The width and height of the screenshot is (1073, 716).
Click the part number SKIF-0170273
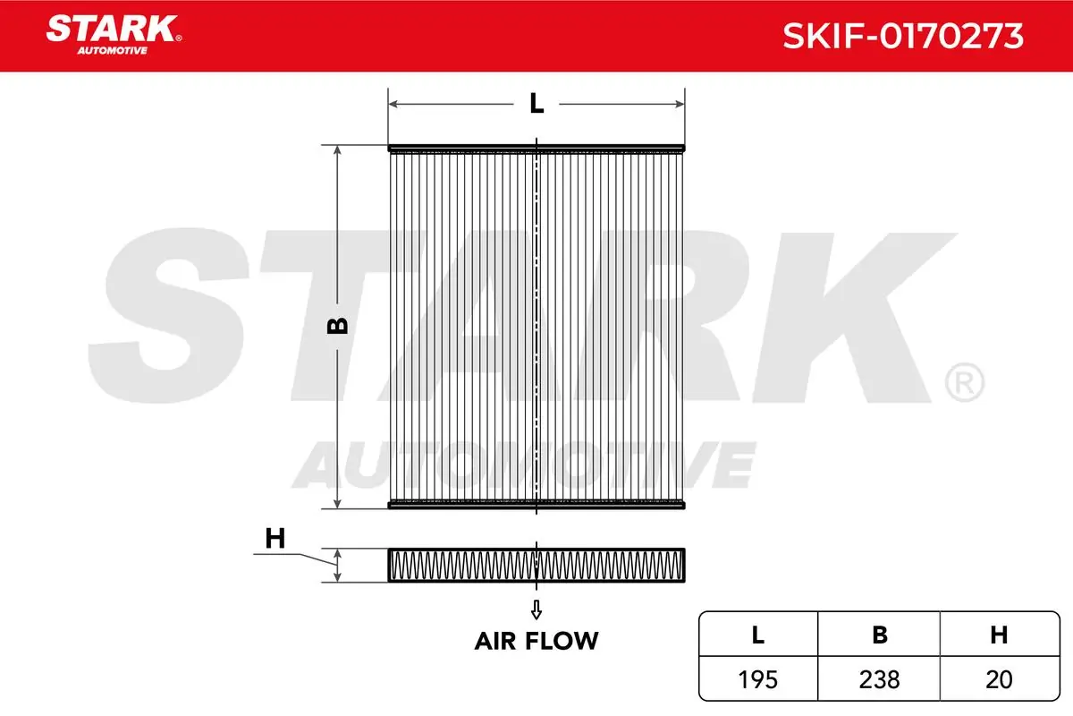click(903, 36)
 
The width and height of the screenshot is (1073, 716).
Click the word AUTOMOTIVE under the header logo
click(112, 51)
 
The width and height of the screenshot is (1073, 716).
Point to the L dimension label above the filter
click(536, 103)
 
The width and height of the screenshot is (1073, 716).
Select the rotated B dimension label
click(337, 326)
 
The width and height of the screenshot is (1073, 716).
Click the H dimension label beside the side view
click(275, 538)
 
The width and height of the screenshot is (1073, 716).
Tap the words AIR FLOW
click(536, 641)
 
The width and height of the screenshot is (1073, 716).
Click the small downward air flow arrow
click(536, 609)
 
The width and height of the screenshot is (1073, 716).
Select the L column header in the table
click(758, 635)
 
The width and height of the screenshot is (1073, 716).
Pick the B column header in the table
click(880, 635)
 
